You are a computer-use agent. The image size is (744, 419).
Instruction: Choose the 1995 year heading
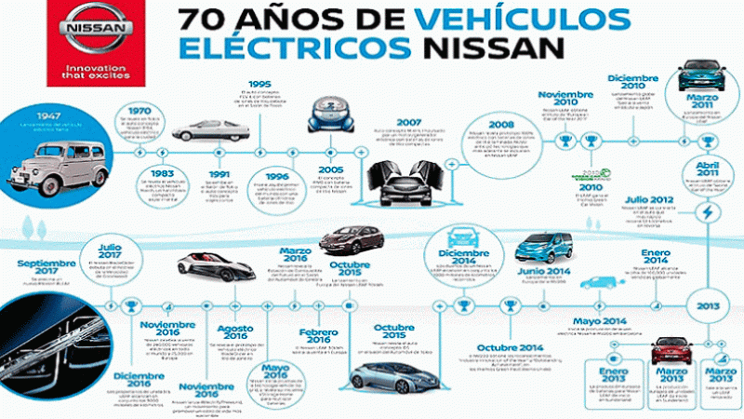(259, 82)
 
